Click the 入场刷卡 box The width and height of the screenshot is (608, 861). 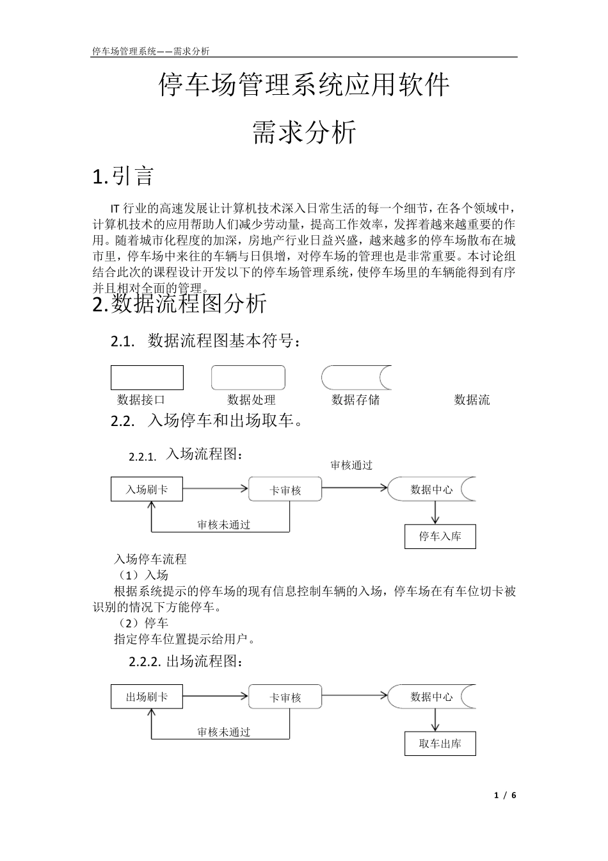147,490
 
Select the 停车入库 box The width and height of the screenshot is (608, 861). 440,536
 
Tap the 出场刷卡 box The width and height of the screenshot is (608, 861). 147,697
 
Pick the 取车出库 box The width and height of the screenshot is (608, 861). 440,744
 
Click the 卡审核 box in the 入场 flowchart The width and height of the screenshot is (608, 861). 285,490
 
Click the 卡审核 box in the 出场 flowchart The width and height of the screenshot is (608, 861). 285,697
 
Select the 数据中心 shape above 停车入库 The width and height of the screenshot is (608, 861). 431,489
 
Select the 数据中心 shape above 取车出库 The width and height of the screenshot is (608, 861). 431,696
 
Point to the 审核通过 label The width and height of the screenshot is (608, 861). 351,465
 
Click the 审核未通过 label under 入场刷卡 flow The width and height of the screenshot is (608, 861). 223,525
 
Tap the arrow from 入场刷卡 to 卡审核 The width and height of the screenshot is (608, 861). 216,489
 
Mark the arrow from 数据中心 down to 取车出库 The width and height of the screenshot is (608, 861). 435,720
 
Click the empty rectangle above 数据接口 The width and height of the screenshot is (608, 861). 147,377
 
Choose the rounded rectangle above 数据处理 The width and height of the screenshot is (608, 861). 248,377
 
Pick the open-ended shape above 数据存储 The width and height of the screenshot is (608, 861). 356,377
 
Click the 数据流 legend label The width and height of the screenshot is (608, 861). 472,400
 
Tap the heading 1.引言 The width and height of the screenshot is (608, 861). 123,176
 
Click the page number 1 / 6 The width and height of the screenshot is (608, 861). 505,795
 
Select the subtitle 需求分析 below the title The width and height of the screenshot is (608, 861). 304,133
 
